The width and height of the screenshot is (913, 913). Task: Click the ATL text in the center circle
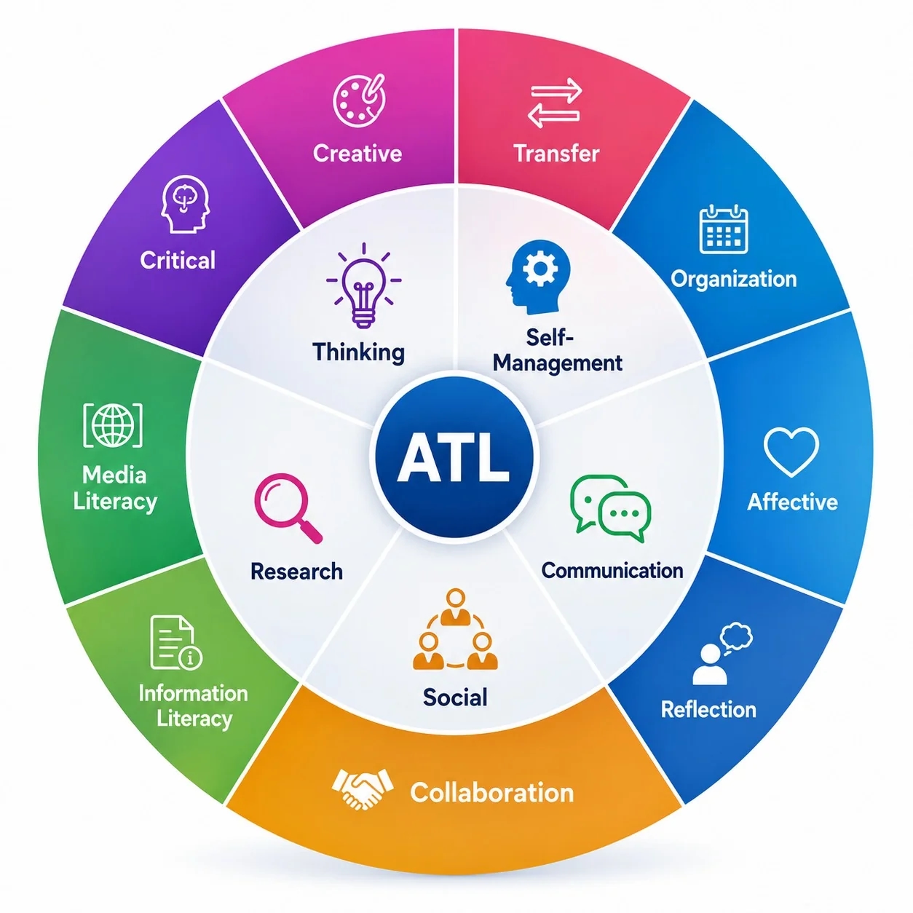coord(453,456)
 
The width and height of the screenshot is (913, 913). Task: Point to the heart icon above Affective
coord(791,451)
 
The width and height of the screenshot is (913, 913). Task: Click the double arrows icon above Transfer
coord(554,103)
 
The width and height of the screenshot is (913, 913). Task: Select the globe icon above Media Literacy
coord(113,425)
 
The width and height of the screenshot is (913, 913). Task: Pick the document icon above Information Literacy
coord(175,642)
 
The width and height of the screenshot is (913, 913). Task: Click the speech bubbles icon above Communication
coord(610,508)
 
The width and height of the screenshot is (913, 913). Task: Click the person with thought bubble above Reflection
coord(722,653)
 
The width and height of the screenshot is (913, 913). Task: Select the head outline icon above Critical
coord(185,204)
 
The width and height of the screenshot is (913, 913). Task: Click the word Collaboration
coord(491,793)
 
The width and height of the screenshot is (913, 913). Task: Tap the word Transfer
coord(556,154)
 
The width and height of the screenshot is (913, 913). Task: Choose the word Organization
coord(733,279)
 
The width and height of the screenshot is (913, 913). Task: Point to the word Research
coord(296,572)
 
